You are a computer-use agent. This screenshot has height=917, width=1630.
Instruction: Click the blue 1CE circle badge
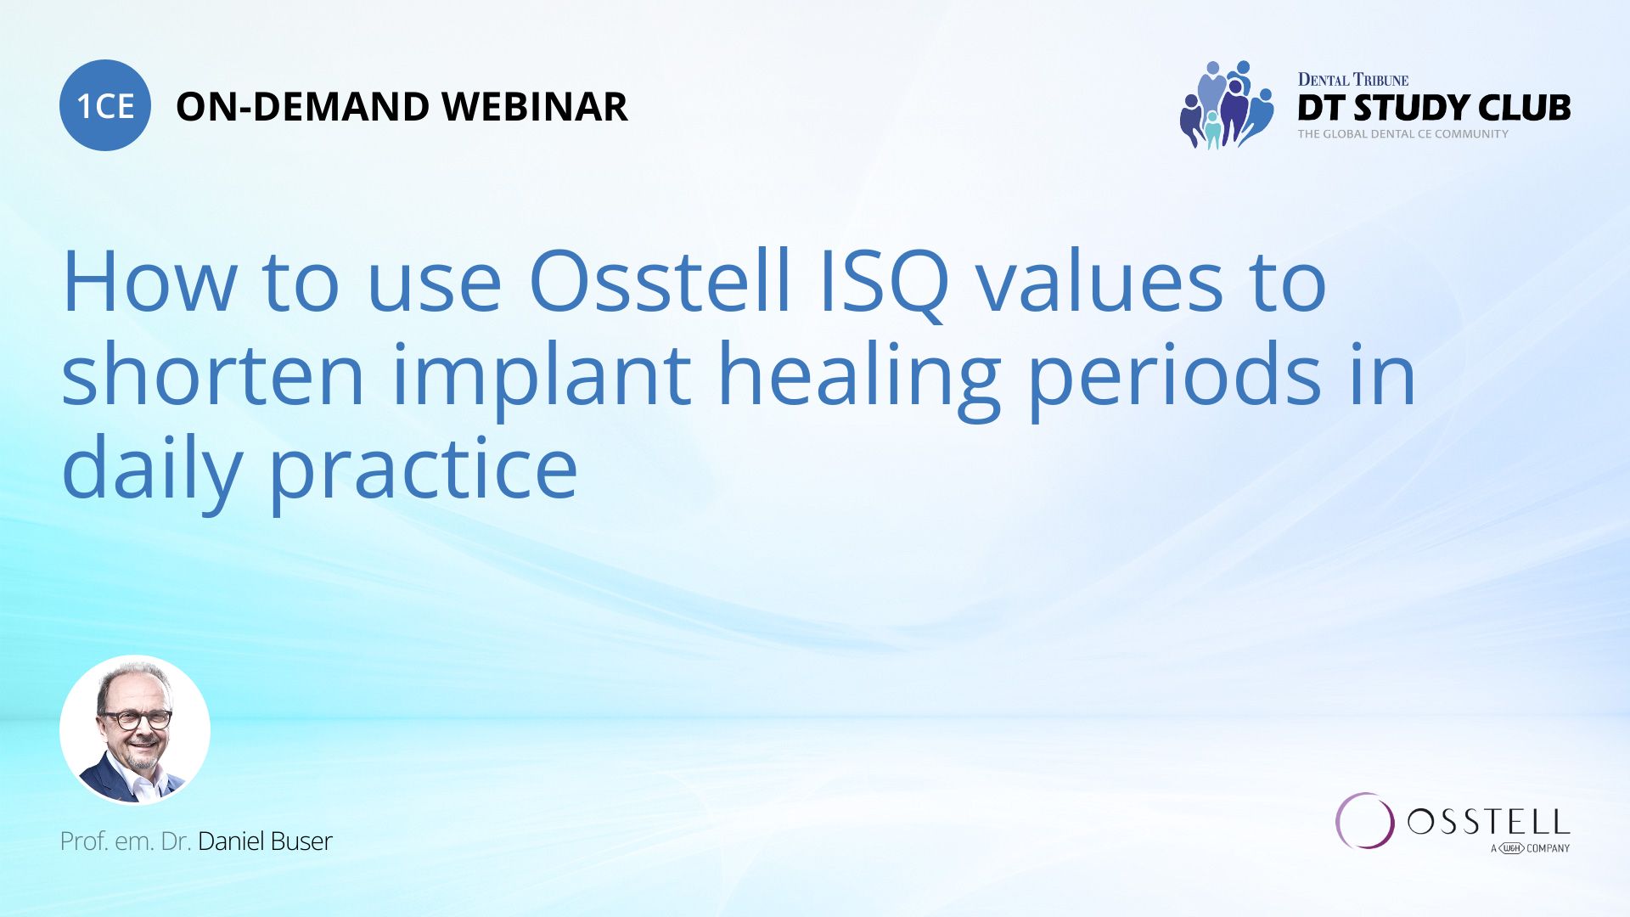point(105,105)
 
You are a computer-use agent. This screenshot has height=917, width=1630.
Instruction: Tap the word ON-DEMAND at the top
point(302,107)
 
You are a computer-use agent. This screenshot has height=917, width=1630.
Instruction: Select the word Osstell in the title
point(660,282)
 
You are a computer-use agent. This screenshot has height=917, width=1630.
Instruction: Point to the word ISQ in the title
point(884,284)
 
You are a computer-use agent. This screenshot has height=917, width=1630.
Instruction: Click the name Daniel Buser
point(265,841)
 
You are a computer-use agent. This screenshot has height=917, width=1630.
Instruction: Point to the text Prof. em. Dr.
point(125,841)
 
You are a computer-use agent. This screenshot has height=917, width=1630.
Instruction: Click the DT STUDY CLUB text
point(1434,108)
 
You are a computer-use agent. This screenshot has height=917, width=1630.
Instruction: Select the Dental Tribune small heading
point(1352,80)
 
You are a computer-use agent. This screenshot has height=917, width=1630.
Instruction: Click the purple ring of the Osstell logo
point(1364,821)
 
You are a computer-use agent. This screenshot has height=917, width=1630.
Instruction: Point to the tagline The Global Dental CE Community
point(1402,134)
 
